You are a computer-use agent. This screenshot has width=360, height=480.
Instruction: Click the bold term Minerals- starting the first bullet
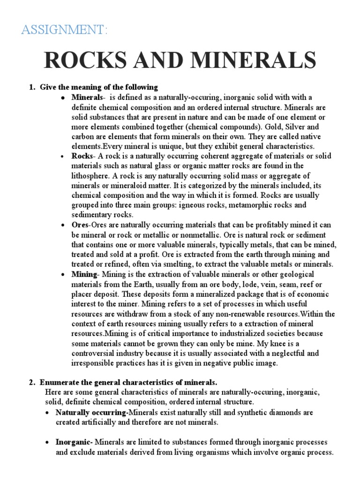[88, 97]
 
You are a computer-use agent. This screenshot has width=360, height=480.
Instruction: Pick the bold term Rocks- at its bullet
[83, 156]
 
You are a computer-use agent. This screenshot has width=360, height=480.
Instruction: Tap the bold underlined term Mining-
[84, 274]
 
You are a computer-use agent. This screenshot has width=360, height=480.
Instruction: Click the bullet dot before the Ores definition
[62, 225]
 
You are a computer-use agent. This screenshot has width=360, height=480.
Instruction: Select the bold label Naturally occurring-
[92, 412]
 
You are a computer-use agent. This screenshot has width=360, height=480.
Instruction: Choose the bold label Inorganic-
[75, 442]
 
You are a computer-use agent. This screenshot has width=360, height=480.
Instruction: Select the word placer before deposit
[82, 293]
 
